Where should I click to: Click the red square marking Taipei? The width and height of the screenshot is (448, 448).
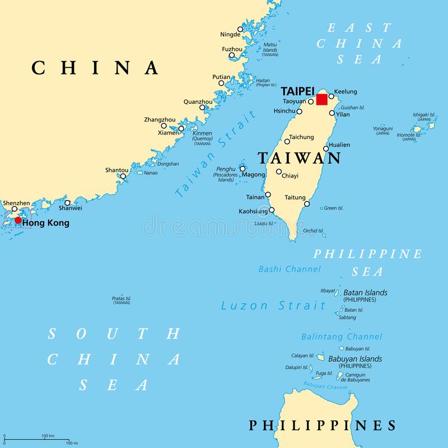(321, 100)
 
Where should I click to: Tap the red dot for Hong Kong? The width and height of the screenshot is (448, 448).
(18, 221)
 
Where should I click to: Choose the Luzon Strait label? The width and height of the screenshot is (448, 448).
(273, 306)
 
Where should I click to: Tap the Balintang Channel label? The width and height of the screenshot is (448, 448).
(342, 337)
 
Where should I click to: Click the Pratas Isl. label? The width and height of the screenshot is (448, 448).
(122, 298)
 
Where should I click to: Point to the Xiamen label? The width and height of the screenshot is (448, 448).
(169, 133)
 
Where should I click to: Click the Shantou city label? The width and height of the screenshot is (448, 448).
(116, 170)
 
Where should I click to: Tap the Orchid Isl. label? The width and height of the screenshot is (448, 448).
(313, 231)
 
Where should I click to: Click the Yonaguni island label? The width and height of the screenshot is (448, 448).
(383, 128)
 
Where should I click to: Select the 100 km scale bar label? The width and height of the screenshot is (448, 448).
(48, 436)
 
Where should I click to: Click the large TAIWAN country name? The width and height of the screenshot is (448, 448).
(299, 158)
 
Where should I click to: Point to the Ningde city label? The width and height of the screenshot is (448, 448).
(230, 34)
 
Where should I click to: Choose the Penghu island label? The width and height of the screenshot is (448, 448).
(226, 169)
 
